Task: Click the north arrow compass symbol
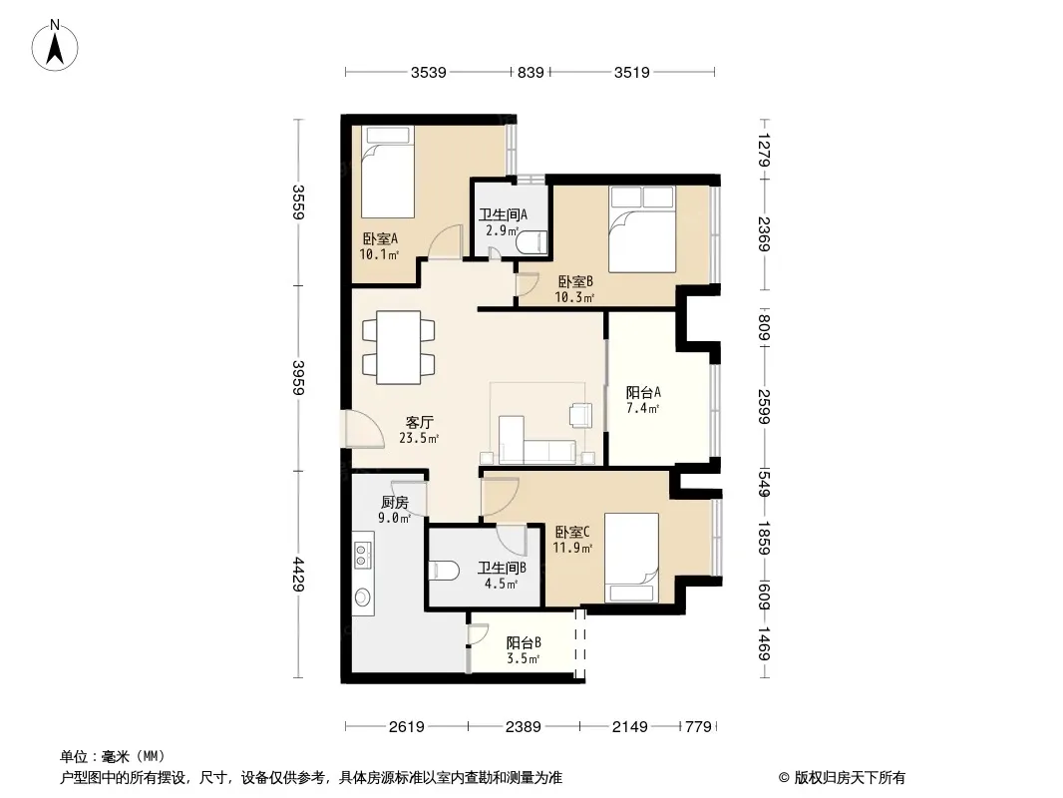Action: tap(55, 46)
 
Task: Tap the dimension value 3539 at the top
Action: tap(429, 72)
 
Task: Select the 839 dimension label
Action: tap(531, 72)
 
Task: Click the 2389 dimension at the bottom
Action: tap(524, 727)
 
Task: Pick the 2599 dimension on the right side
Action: tap(764, 407)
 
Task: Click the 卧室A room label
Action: tap(380, 238)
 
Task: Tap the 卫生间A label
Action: tap(503, 214)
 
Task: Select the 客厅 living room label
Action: tap(419, 422)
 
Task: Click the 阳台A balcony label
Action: tap(643, 393)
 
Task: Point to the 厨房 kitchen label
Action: tap(395, 503)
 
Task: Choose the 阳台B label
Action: tap(524, 642)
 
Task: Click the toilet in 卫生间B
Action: tap(445, 571)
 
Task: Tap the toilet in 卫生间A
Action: tap(531, 242)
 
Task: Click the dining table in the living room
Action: tap(399, 348)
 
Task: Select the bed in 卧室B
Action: tap(642, 229)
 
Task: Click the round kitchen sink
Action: tap(363, 598)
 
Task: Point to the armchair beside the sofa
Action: tap(580, 414)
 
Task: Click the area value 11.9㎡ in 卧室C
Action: tap(572, 548)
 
